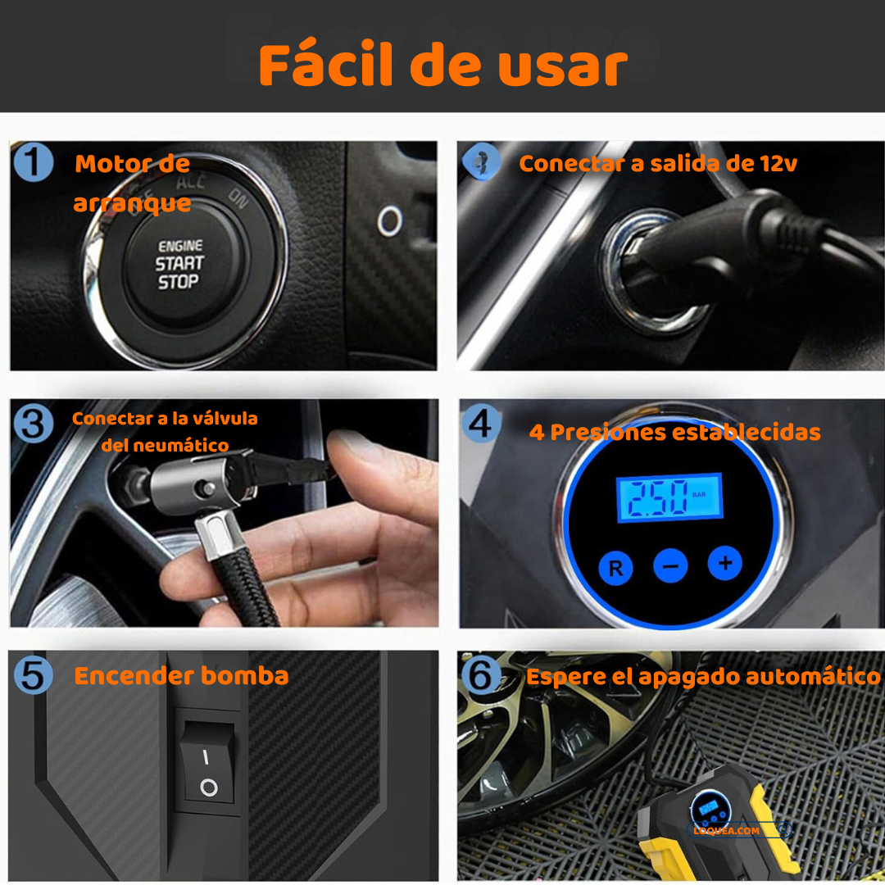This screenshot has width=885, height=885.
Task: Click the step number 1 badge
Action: tap(34, 162)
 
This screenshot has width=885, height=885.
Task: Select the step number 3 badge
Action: tap(34, 424)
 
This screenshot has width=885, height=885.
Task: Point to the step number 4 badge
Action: tap(481, 424)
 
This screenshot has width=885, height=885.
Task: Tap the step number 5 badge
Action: tap(34, 675)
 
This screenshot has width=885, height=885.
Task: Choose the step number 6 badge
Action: tap(481, 675)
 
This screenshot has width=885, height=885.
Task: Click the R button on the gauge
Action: tap(615, 568)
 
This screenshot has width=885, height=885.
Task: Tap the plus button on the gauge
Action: tap(725, 563)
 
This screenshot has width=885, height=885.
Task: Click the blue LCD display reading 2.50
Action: tap(669, 497)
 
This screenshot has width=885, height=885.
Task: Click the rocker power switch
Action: tap(206, 762)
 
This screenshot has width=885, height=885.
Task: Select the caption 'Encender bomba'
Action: tap(181, 675)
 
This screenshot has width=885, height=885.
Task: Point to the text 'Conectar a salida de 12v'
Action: tap(658, 164)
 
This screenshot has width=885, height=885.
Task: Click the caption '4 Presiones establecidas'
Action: tap(674, 433)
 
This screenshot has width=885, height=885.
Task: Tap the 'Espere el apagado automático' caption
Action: tap(703, 677)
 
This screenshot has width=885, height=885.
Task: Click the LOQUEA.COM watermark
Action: tap(726, 831)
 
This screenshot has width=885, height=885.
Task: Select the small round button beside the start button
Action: tap(389, 221)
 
